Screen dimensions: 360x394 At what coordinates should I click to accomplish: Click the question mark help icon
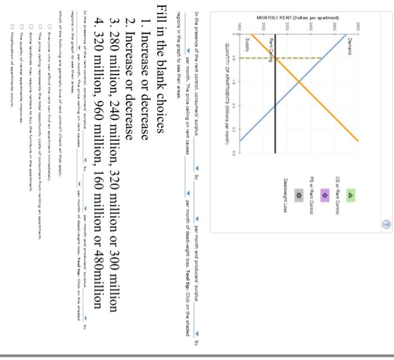386,224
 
